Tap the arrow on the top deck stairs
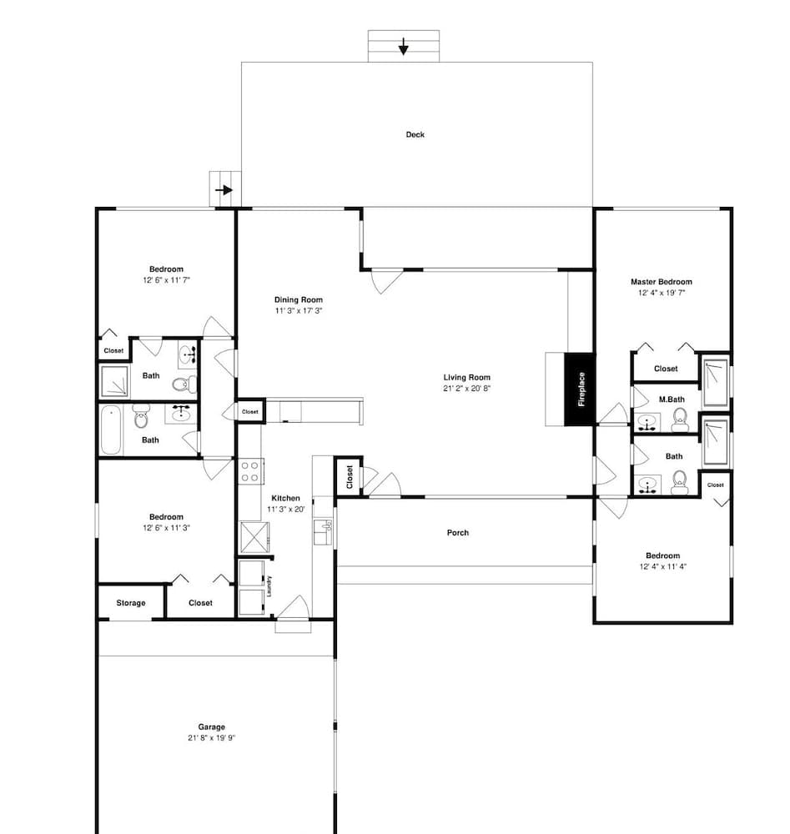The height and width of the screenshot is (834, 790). click(404, 46)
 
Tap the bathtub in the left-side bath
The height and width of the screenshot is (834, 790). click(111, 430)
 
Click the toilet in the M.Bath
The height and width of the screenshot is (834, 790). click(680, 416)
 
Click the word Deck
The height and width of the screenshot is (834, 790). click(415, 134)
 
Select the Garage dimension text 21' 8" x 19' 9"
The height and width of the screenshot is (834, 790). click(212, 738)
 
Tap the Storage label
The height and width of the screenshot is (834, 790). click(130, 603)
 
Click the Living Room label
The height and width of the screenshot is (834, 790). click(466, 377)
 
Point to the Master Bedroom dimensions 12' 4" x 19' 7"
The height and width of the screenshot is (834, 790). click(662, 293)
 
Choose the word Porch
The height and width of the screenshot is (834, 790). click(458, 532)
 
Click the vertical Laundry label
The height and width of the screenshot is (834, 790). click(269, 586)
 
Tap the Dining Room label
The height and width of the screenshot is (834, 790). click(298, 299)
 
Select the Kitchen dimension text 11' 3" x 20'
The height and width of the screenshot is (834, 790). click(285, 509)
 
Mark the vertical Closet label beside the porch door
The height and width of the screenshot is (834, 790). click(348, 477)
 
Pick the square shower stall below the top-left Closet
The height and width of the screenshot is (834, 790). click(115, 382)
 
